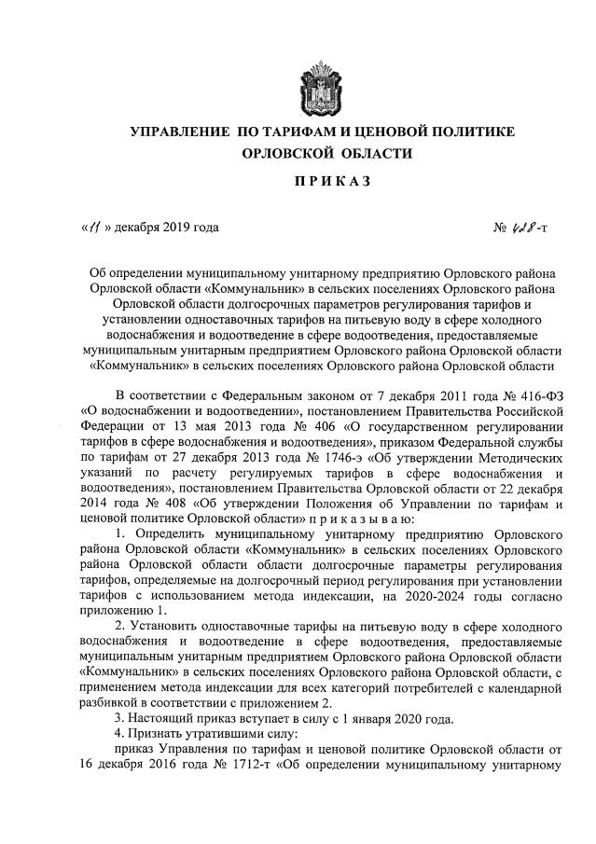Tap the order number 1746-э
pos(285,456)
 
